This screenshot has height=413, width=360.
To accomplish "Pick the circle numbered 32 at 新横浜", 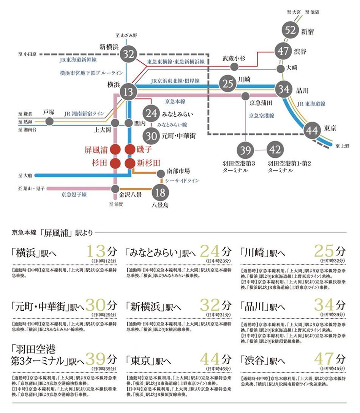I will tap(129, 54).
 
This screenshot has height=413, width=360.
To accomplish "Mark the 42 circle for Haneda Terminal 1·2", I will tap(275, 150).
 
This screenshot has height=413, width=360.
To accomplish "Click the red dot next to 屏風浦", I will tap(116, 149).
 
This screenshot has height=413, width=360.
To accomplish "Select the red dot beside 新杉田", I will tap(130, 163).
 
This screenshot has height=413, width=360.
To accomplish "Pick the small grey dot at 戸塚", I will tap(49, 122).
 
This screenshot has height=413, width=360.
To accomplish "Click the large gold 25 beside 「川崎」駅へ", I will tap(324, 251).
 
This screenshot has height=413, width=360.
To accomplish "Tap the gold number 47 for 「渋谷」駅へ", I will tap(324, 359).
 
